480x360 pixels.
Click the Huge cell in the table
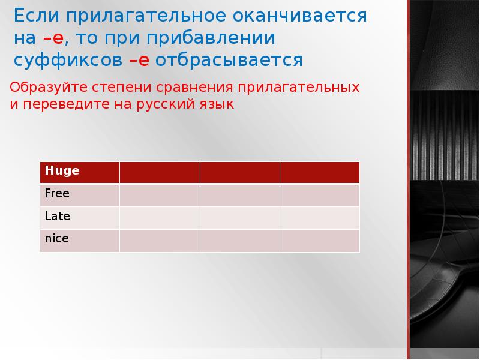80,172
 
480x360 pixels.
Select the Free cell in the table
80,195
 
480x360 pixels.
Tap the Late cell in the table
80,218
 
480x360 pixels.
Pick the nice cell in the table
80,240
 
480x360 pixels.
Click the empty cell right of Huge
160,172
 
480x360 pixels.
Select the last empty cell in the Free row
320,195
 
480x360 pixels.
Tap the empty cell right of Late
160,218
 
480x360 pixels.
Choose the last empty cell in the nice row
320,240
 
